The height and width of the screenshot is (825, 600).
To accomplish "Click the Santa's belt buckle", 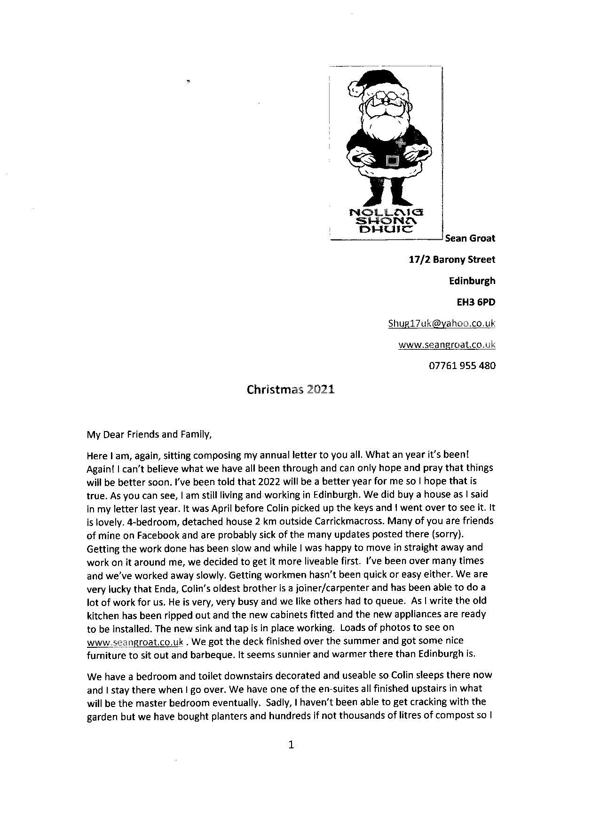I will point(391,161).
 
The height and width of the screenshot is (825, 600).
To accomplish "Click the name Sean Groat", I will point(470,238).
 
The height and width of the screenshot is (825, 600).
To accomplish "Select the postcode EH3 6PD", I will point(476,302).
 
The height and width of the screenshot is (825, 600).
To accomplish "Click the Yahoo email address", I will point(442,323).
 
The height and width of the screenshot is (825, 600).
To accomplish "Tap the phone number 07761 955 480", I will point(462,365).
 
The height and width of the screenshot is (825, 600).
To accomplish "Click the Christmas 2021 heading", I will point(291,389).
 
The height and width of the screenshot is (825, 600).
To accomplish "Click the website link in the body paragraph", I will point(135,641).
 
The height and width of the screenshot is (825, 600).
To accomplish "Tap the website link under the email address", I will point(447,345).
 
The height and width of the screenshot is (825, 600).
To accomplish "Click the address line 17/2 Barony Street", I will point(452,259).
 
